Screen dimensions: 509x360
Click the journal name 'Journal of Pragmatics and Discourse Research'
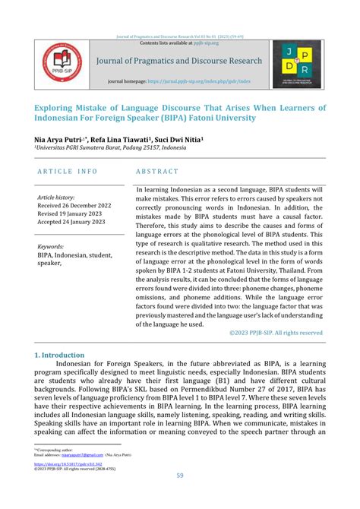pos(178,61)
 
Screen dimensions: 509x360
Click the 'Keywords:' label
pos(50,247)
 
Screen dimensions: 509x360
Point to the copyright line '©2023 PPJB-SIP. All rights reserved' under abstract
pos(276,333)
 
